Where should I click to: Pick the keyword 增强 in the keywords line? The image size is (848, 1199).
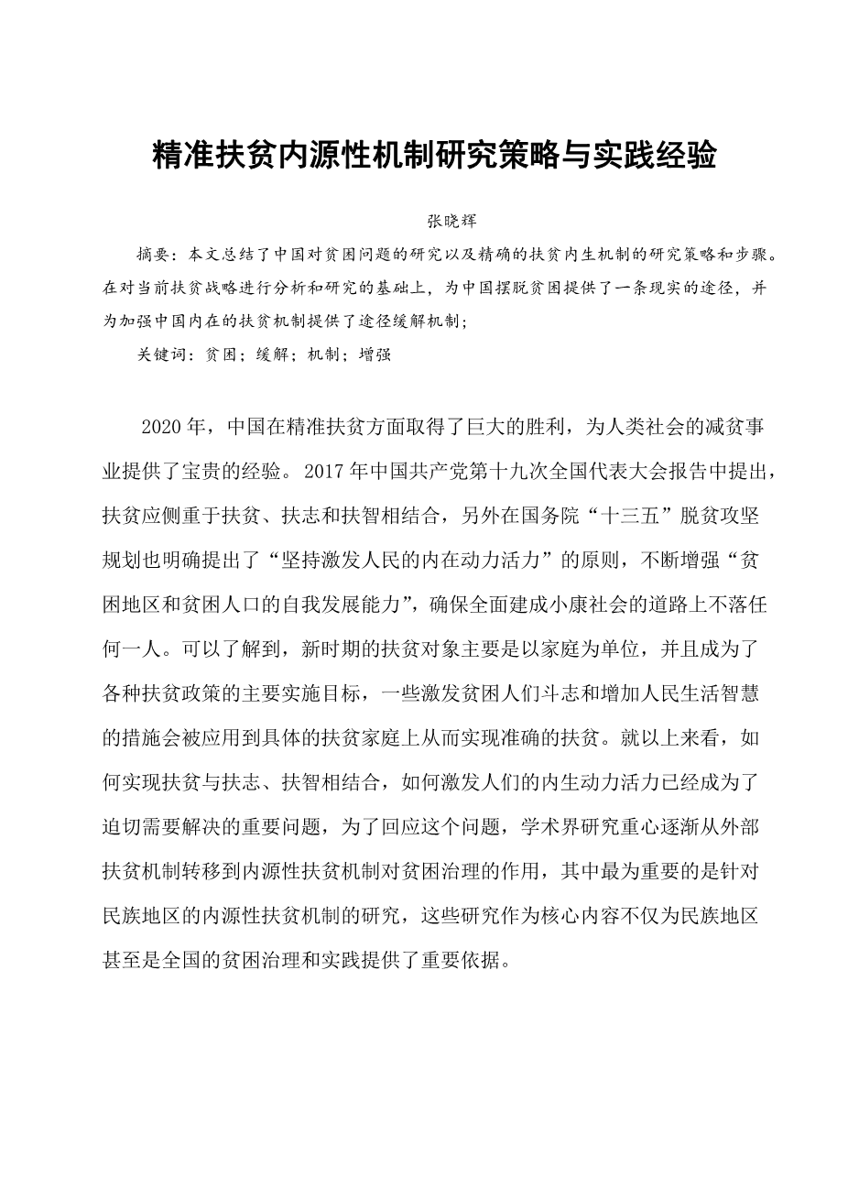[375, 354]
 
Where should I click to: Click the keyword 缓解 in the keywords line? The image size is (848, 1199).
[263, 354]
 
